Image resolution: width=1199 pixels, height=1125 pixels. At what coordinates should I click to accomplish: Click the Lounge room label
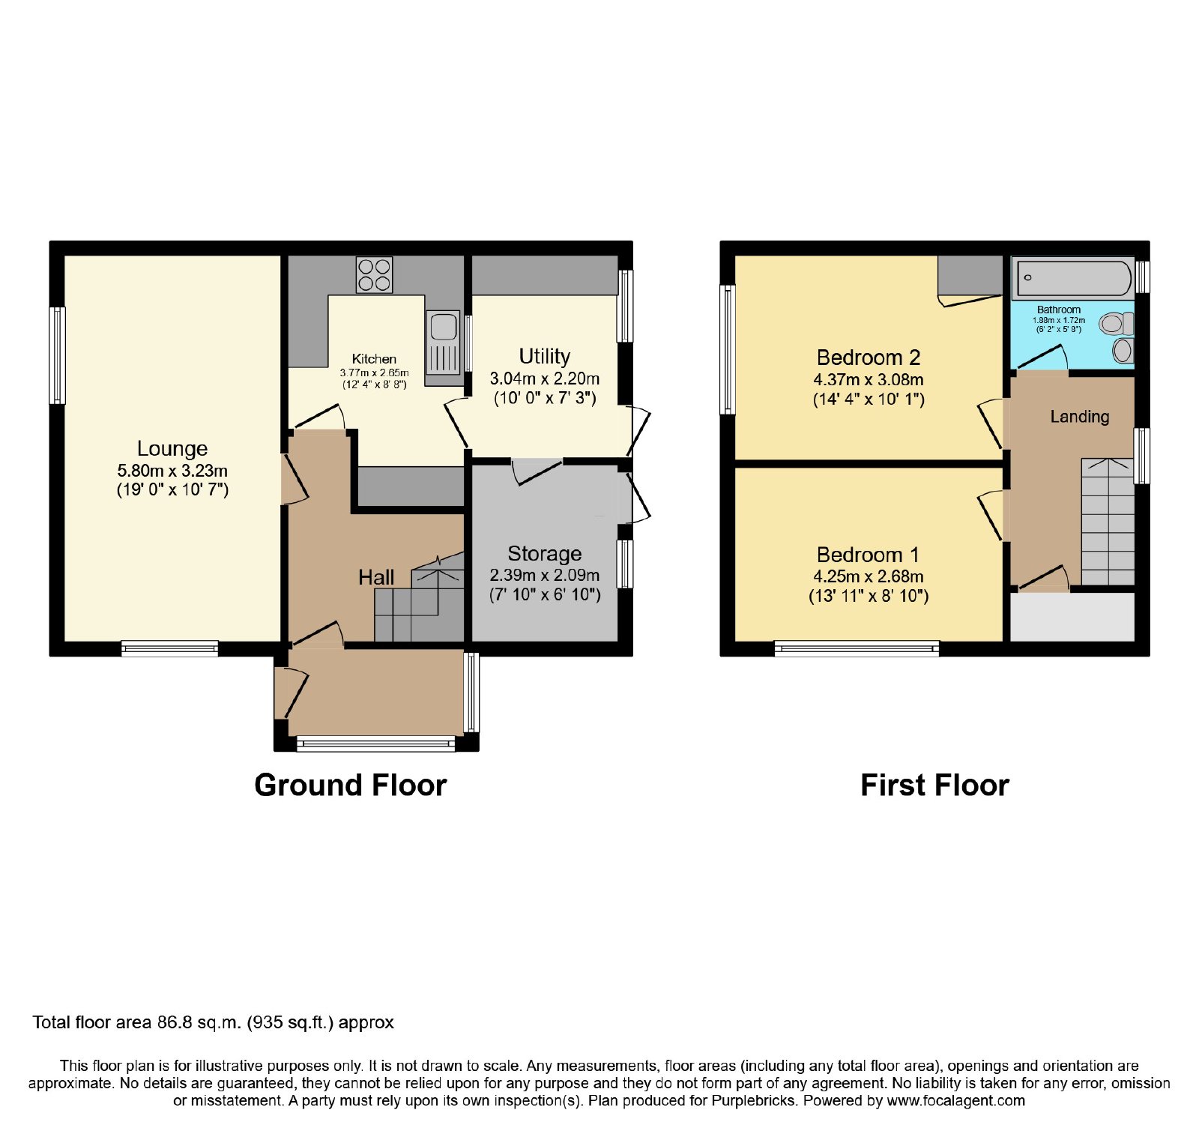[172, 448]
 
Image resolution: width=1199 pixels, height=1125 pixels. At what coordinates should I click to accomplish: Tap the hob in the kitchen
[374, 274]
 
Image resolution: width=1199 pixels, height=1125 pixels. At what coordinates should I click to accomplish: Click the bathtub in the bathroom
[1074, 278]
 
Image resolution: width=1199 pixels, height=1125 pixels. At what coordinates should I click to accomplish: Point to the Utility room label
[545, 356]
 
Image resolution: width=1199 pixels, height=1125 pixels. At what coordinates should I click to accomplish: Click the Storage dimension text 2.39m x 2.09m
[545, 575]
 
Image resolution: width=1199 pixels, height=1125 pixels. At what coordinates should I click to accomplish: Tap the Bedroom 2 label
[869, 358]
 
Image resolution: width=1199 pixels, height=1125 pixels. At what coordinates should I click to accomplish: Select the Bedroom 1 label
[868, 555]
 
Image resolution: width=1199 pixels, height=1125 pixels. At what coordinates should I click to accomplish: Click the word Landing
[1079, 417]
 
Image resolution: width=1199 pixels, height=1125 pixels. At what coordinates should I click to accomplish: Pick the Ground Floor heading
[351, 785]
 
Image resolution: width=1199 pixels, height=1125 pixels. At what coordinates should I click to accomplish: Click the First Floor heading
[934, 785]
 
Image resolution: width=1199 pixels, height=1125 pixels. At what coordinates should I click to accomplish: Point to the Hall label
[376, 577]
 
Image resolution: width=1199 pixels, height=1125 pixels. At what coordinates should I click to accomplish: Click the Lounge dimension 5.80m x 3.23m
[172, 471]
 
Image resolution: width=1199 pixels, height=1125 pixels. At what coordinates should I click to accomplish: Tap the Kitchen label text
[374, 359]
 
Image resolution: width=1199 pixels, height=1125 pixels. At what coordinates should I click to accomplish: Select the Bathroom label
[1059, 310]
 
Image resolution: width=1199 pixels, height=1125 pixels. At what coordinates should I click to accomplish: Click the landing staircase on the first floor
[1108, 522]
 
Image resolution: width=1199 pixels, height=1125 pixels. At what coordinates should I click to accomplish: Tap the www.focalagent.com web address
[956, 1101]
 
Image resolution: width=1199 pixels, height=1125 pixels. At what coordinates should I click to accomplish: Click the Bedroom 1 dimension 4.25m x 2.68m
[869, 576]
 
